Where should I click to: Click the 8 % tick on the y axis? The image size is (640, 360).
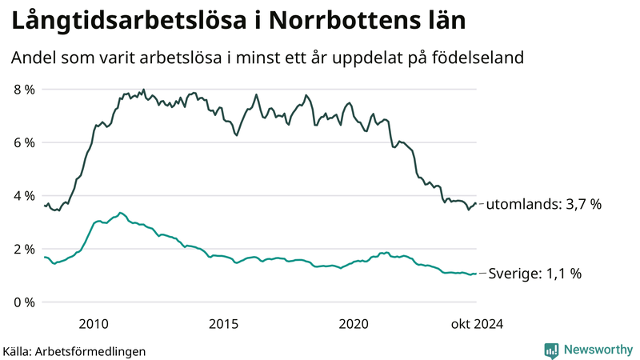point(24,90)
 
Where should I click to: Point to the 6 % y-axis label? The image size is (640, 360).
point(24,142)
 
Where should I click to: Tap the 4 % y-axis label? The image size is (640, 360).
point(24,196)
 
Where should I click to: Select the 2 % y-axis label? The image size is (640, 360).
point(24,249)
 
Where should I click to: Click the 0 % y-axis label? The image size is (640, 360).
point(24,302)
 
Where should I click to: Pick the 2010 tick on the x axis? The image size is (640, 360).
point(94,323)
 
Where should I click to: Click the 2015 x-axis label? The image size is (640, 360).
point(223,323)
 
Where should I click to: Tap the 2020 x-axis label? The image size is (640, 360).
point(354,323)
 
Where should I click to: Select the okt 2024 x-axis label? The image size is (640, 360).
point(478,323)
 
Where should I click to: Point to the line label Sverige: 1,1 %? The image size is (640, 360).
point(534,274)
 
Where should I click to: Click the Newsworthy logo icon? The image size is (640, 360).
point(551,350)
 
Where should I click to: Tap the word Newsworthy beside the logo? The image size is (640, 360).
point(598,350)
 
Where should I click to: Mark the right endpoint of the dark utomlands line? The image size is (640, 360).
point(477,203)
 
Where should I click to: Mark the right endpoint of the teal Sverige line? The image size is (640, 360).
point(477,274)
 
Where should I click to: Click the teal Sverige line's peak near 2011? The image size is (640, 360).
point(120,213)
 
